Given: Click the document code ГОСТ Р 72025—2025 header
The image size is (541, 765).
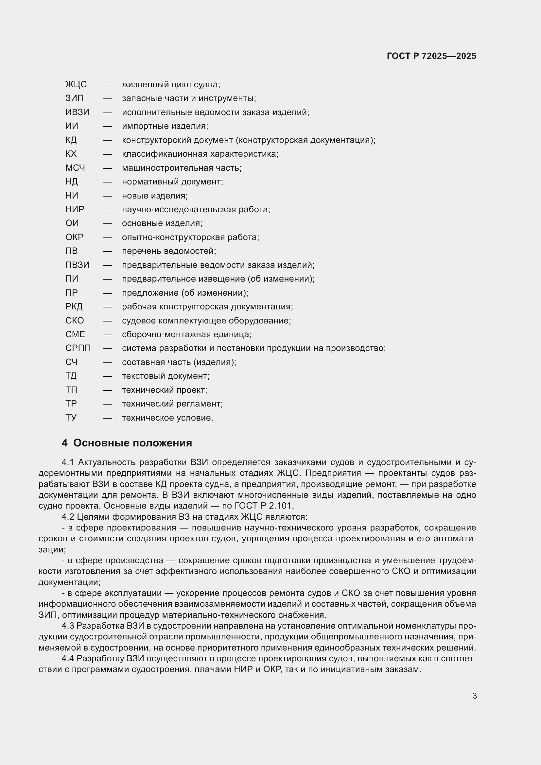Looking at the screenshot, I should coord(431,56).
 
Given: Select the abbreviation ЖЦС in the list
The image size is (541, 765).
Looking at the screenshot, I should coord(76,85).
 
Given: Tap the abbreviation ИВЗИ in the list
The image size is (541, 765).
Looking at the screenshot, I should coord(77,112).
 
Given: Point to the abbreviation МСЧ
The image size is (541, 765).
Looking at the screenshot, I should coord(75,168).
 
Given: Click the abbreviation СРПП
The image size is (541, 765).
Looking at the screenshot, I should coord(78,349).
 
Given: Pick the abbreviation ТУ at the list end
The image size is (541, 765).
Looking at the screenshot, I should coord(71,418).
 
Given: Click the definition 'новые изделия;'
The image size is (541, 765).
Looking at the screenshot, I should coord(155,196).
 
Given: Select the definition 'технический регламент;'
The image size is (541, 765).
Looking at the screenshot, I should coord(172,404).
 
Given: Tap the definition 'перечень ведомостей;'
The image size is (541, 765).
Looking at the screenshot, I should coord(169,251).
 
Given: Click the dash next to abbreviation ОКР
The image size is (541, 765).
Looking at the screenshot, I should coord(108,237).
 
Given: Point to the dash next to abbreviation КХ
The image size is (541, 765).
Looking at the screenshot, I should coord(108,154).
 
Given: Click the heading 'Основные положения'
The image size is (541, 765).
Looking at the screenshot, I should coord(132,443).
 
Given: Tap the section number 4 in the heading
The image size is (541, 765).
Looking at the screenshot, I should coord(65,443).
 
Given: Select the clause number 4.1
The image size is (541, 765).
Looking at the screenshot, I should coord(68,462).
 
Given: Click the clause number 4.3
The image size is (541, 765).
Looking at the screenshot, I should coord(68,626).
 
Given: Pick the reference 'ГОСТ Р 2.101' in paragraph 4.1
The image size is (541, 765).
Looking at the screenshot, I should coord(263,506).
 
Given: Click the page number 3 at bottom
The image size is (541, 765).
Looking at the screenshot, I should coord(475,696).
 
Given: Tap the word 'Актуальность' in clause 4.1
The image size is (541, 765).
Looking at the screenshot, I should coord(107,462).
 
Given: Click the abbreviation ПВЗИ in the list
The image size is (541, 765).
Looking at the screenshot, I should coord(77,265).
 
